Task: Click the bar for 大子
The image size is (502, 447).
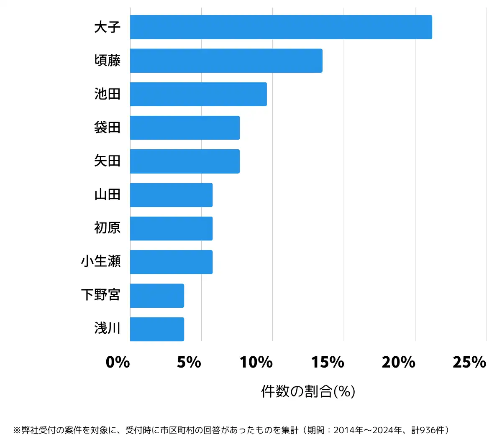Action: (281, 27)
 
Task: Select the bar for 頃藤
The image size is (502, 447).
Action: (226, 61)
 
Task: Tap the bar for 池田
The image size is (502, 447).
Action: (198, 94)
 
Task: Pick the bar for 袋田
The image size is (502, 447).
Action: (184, 128)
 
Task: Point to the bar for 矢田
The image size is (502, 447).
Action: (184, 161)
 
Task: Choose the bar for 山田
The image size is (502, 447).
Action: (171, 195)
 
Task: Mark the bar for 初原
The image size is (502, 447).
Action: (171, 228)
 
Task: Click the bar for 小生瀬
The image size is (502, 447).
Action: (171, 262)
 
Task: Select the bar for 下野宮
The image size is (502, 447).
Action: (157, 296)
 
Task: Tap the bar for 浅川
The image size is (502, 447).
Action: (157, 329)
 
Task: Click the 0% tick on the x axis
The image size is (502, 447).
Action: (118, 362)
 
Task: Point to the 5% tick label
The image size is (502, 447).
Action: (189, 362)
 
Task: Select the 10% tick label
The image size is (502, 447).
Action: (256, 362)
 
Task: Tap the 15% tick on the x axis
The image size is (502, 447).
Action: (328, 362)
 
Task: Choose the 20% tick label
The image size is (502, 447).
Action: (399, 362)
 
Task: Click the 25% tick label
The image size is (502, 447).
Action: (469, 362)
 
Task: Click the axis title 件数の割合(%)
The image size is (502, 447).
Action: (308, 391)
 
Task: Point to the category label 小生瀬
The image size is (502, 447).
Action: (101, 261)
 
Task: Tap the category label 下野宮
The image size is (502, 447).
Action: (101, 295)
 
